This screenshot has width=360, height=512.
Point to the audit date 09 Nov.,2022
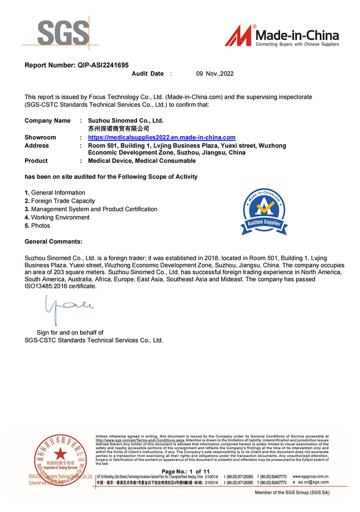(x=215, y=74)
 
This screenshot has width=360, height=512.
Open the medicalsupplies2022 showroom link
(x=162, y=137)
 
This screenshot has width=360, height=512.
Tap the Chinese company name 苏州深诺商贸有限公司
(x=119, y=128)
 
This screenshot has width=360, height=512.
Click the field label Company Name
(x=47, y=121)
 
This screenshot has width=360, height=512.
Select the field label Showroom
(x=40, y=137)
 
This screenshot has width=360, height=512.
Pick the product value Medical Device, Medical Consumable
(x=142, y=161)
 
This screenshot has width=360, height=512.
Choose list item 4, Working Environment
(x=60, y=217)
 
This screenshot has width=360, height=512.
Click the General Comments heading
(x=53, y=242)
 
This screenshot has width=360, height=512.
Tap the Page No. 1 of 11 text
(x=192, y=471)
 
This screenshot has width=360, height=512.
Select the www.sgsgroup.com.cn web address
(x=311, y=476)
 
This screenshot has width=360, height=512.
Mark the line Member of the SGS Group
(x=292, y=493)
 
